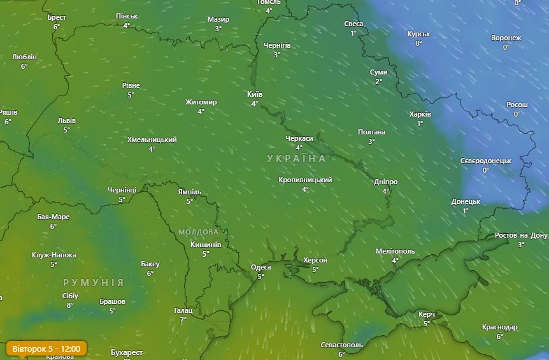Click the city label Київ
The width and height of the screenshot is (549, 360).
click(x=255, y=94)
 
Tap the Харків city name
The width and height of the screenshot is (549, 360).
click(x=420, y=114)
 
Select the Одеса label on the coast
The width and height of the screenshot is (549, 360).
click(x=260, y=267)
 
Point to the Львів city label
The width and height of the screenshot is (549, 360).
click(x=66, y=120)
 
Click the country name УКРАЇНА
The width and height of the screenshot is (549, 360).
click(x=296, y=158)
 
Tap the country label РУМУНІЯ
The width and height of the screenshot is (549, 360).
click(x=93, y=282)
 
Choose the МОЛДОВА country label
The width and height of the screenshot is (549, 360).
click(x=198, y=232)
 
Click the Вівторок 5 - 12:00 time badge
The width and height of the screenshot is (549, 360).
click(x=46, y=349)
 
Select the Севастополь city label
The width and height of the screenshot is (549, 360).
click(x=341, y=345)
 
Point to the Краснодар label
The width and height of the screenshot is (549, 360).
click(x=499, y=328)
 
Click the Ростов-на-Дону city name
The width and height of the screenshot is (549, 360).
click(x=521, y=235)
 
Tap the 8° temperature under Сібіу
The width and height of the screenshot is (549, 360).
click(x=70, y=305)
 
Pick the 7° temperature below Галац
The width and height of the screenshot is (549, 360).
click(x=183, y=320)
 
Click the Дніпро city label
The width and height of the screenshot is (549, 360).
click(x=385, y=182)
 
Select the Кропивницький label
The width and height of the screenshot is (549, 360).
click(x=305, y=180)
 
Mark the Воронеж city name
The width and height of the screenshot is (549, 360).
click(x=506, y=38)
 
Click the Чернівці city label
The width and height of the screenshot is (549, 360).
click(x=122, y=190)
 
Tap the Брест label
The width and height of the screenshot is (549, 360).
click(x=56, y=18)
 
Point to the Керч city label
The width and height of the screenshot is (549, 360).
click(x=427, y=315)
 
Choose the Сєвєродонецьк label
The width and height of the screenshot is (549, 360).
click(x=485, y=161)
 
